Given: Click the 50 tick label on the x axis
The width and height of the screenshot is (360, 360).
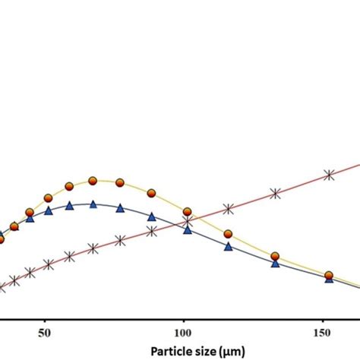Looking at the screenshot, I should (x=45, y=332).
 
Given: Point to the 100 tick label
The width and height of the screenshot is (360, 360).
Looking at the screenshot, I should (x=184, y=332).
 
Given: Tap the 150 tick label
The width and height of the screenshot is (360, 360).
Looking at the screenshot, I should (x=323, y=332).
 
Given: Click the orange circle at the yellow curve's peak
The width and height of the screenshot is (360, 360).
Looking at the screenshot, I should (x=93, y=181).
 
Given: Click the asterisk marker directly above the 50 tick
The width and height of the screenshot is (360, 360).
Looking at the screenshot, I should (x=49, y=265).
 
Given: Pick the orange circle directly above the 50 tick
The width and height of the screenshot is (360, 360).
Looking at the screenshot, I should (x=48, y=197).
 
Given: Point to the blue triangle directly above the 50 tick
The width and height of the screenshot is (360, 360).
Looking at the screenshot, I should (x=49, y=210).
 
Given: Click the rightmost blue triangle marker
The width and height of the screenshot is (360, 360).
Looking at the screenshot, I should (x=329, y=279).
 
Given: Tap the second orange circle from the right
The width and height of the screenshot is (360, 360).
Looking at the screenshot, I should (x=275, y=257).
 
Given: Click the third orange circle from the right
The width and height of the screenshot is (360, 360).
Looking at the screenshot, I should (x=228, y=233).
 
